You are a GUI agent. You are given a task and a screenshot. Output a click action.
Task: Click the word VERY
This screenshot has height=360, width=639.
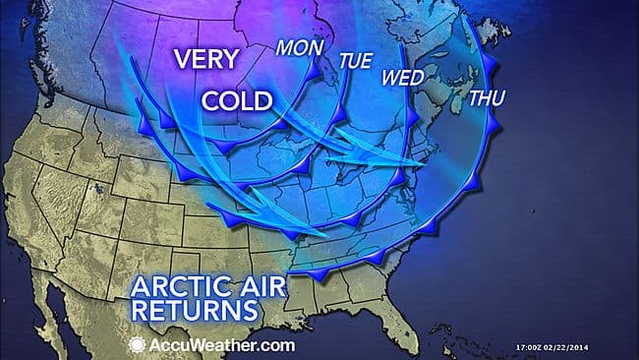point(205,59)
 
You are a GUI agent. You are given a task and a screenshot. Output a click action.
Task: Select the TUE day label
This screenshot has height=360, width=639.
point(355,61)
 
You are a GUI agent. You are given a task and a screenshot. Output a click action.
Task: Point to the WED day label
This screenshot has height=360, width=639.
point(402,78)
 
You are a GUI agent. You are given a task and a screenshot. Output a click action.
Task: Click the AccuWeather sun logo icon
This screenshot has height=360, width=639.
point(139,344)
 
